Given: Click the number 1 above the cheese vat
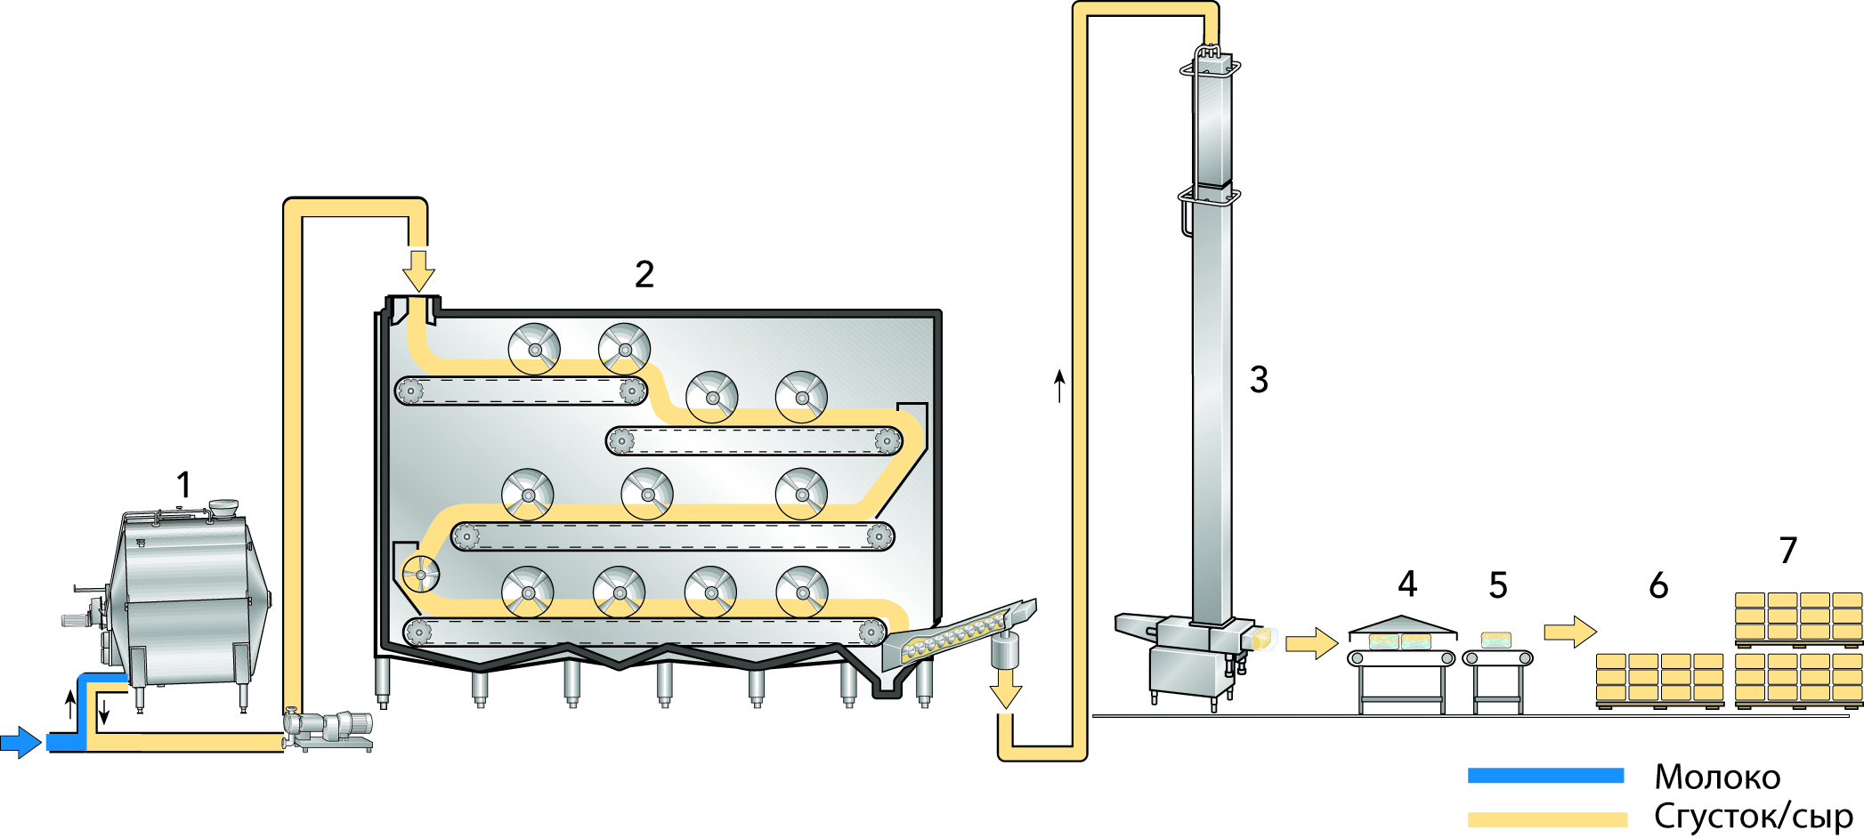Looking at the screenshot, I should (x=183, y=486).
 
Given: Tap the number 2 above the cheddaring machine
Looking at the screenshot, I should (x=644, y=274).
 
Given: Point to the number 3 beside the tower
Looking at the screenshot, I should (x=1259, y=380).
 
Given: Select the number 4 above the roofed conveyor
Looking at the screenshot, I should (x=1407, y=584).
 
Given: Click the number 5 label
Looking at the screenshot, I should (x=1498, y=585).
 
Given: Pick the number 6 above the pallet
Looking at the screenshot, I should (x=1658, y=585).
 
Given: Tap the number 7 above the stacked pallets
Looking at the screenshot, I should (x=1788, y=551).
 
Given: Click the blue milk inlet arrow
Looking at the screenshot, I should (x=20, y=741).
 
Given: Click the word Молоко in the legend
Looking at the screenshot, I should (x=1717, y=778).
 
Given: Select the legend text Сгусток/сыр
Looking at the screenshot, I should (x=1753, y=817).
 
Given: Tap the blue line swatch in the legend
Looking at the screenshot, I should (x=1545, y=776).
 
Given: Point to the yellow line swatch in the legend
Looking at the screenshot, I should (x=1547, y=819).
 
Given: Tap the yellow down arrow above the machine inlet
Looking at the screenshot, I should (x=417, y=270).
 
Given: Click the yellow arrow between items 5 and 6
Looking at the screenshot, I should (x=1570, y=632).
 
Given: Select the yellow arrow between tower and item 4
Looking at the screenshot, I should (x=1311, y=642).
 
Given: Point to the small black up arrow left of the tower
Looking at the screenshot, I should (x=1059, y=387).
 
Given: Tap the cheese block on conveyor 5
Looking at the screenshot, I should (x=1496, y=640).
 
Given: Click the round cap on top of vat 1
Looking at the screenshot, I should (x=223, y=508).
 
